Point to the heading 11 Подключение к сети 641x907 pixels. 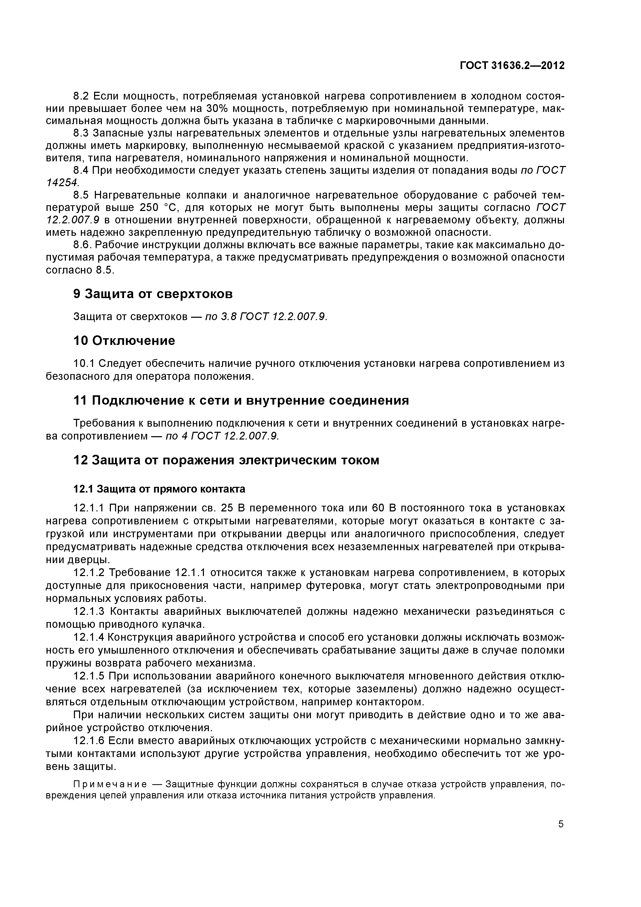[241, 400]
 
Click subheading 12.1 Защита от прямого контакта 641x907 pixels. [159, 489]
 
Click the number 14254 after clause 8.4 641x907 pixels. [62, 183]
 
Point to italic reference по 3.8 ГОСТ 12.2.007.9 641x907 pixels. [266, 317]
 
